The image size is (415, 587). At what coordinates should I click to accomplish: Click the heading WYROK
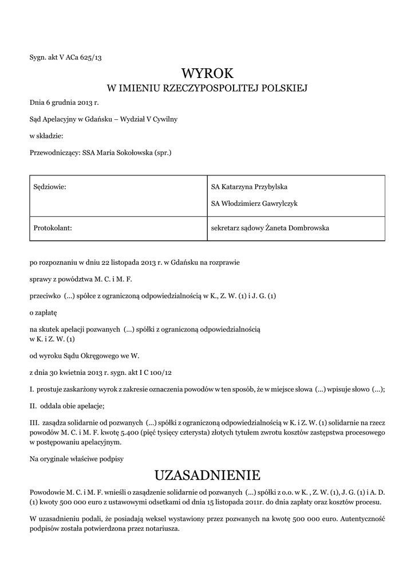[207, 73]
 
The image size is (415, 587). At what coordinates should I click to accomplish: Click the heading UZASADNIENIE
[207, 475]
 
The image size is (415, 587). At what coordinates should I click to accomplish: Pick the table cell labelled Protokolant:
[52, 228]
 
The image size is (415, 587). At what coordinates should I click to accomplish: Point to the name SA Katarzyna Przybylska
[250, 187]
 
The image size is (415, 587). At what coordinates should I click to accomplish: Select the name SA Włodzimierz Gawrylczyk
[254, 203]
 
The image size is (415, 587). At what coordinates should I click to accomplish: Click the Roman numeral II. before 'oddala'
[33, 406]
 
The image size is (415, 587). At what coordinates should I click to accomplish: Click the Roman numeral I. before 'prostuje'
[31, 389]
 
